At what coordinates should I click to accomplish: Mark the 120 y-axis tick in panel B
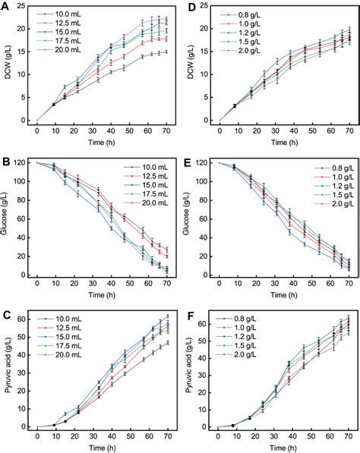(22, 163)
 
